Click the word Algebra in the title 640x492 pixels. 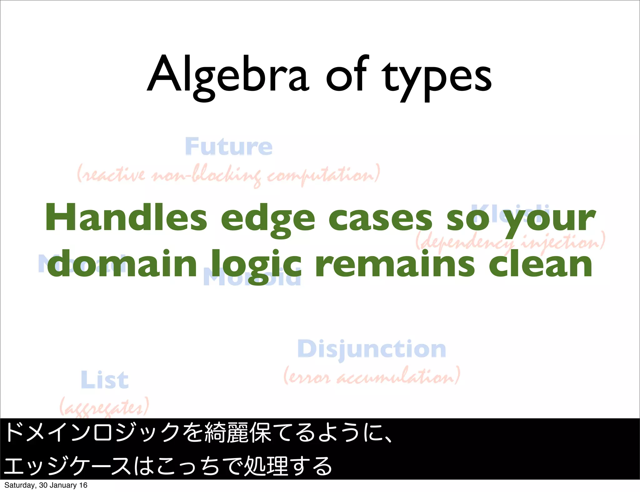coord(228,76)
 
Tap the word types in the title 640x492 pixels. coord(437,78)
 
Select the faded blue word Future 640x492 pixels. coord(229,146)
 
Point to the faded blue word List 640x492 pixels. coord(104,380)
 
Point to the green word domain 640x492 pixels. coord(122,264)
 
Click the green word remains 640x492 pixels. coord(395,264)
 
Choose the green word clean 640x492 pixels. coord(540,264)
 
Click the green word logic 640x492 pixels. coord(256,265)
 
